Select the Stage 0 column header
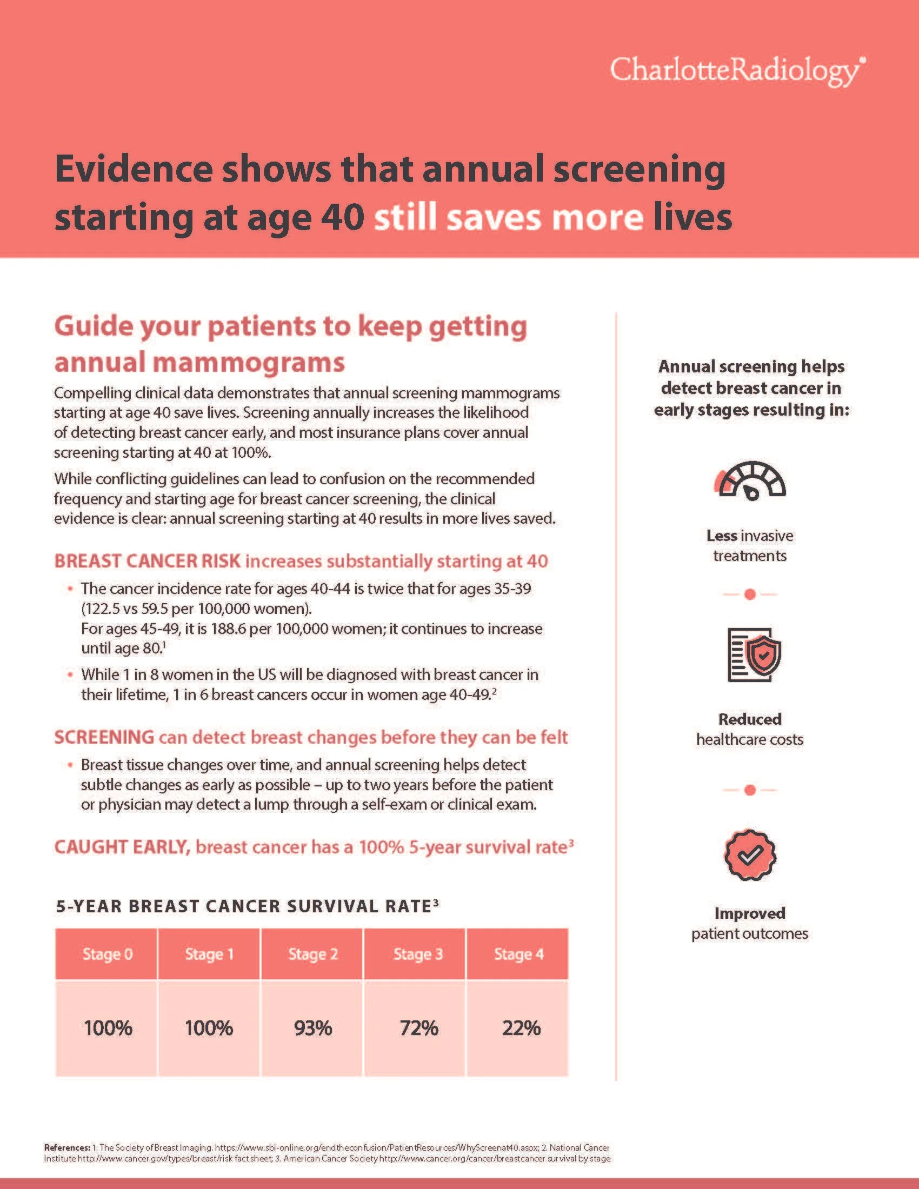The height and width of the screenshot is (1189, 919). point(107,954)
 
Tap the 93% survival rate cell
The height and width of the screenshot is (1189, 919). point(312,1028)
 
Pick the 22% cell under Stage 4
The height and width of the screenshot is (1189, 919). point(521,1028)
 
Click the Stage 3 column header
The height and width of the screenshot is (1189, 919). point(417,954)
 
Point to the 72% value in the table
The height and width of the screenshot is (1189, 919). point(418,1028)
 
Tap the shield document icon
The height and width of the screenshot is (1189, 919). point(754,655)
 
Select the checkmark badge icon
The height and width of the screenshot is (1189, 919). point(750,856)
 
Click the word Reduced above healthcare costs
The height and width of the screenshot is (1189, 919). point(750,719)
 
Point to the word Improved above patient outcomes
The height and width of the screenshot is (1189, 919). point(750,913)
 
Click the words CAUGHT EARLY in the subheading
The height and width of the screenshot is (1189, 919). point(122,847)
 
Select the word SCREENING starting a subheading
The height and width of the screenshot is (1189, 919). point(104,737)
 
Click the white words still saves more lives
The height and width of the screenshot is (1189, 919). point(552,217)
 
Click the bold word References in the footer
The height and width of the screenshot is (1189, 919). point(66,1147)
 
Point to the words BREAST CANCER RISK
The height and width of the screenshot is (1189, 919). point(148,562)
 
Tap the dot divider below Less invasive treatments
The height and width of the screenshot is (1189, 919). point(750,594)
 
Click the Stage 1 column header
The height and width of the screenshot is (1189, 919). point(209,954)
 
